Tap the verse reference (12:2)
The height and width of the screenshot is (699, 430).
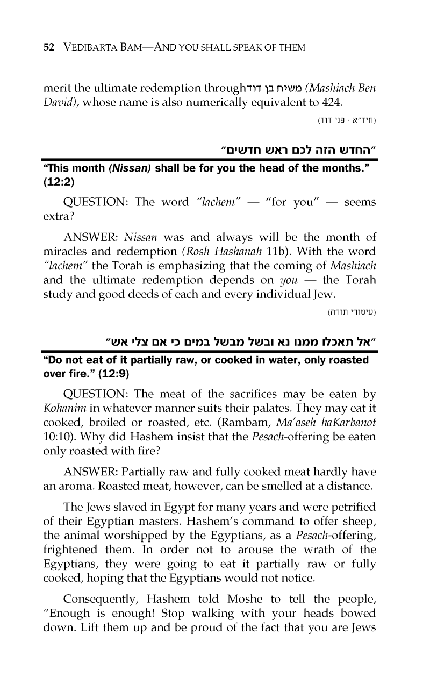pyautogui.click(x=58, y=182)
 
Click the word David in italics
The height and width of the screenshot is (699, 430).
pyautogui.click(x=59, y=103)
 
